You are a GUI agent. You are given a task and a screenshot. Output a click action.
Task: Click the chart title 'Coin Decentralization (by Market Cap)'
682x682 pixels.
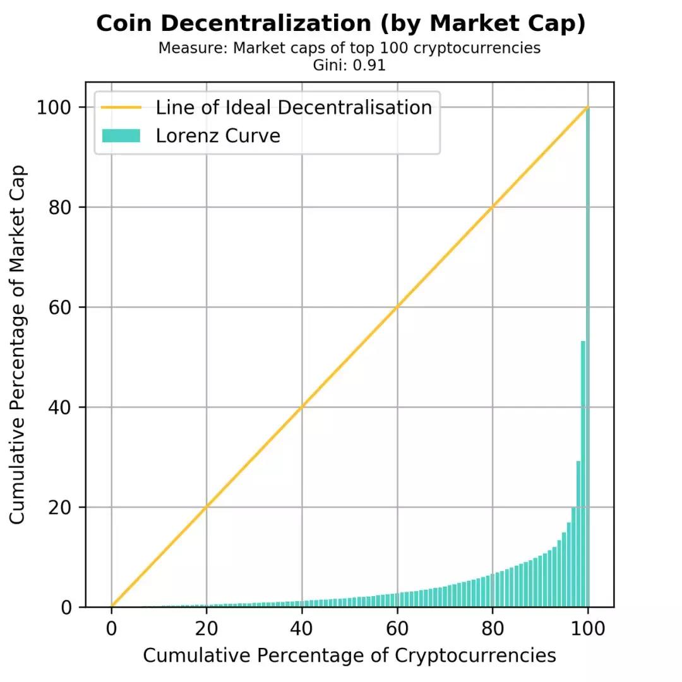pos(341,24)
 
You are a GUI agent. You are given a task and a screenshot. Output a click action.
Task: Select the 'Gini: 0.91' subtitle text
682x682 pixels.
pos(349,65)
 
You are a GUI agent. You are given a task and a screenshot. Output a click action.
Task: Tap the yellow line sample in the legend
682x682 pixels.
pos(121,107)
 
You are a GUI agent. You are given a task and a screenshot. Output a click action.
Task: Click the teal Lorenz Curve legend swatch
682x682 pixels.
pos(121,136)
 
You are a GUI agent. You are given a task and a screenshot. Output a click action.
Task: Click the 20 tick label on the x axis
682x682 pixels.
pos(206,629)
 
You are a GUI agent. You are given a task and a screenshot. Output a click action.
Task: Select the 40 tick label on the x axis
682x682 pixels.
pos(302,629)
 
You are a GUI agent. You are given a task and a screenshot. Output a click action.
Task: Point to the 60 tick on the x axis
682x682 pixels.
pos(397,629)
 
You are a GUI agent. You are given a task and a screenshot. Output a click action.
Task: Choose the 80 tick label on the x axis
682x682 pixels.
pos(493,629)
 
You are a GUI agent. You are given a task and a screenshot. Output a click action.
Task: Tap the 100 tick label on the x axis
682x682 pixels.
pos(588,629)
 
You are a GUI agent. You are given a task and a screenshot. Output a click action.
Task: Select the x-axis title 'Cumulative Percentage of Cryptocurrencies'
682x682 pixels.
pos(349,655)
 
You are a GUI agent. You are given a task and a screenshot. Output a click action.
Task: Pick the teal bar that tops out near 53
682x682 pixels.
pos(583,474)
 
